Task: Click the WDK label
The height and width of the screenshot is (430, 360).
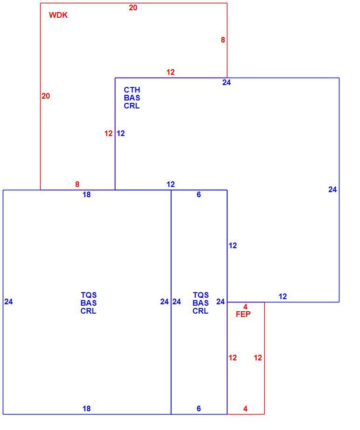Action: point(58,15)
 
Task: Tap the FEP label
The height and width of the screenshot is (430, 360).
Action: point(243,314)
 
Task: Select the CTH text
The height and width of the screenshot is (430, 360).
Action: point(132,90)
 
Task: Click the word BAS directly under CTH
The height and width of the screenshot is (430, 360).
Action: point(132,98)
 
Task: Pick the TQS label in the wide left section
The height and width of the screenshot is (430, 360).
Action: point(89,295)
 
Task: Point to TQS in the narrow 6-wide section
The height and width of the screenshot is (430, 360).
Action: point(201,295)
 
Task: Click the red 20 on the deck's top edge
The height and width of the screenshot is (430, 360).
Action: point(133,8)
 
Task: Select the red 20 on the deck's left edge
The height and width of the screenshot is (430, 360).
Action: point(46,96)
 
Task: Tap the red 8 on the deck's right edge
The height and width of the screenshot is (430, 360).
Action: point(223,40)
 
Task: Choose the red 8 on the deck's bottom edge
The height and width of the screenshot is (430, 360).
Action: point(77,184)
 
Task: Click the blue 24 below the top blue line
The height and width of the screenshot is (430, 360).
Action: point(226,83)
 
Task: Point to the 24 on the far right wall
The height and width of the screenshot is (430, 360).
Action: point(332,189)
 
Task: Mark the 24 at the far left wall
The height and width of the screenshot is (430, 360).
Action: point(8,301)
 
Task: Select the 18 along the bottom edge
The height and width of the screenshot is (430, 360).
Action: point(86,408)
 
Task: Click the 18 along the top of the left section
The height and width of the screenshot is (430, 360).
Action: point(86,195)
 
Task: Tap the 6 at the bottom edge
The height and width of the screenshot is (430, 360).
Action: point(198,408)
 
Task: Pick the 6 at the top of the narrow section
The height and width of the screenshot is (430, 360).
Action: point(198,195)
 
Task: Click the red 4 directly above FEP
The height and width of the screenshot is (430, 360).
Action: point(245,307)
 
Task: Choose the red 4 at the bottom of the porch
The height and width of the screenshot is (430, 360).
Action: point(245,408)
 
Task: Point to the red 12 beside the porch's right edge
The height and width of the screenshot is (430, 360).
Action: point(258,358)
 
